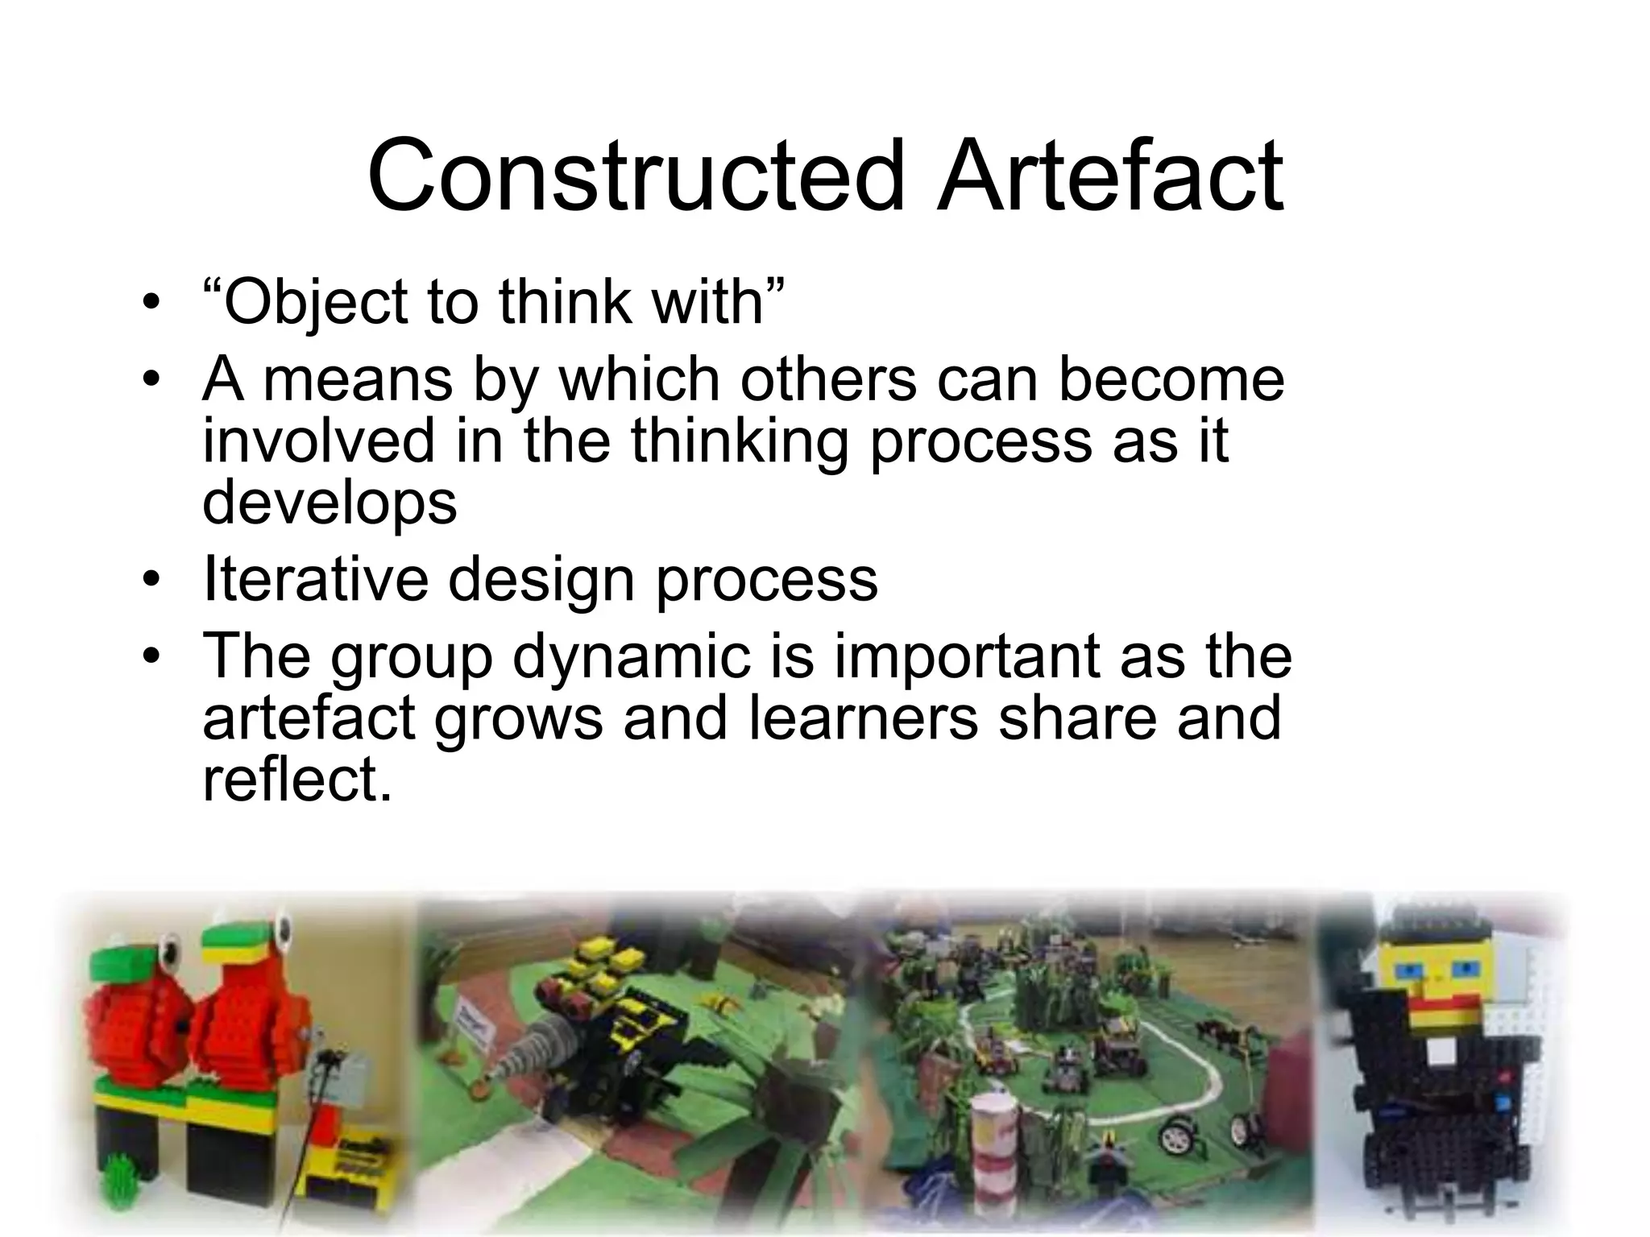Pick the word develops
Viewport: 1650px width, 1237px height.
pos(330,503)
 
